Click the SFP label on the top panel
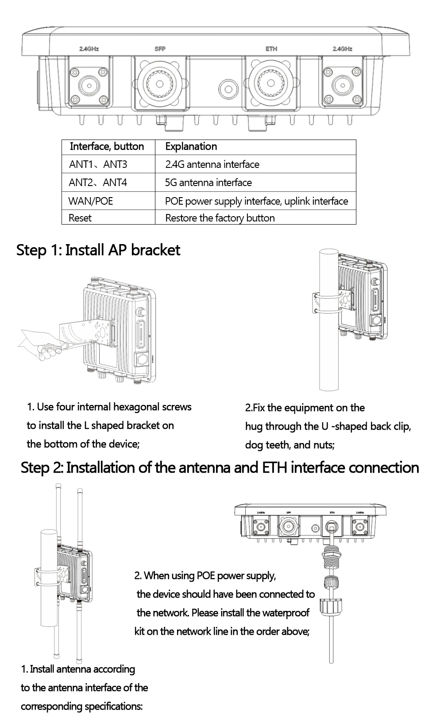160,49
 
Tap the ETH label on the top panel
271,49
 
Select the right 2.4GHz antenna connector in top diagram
341,83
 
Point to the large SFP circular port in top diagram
160,83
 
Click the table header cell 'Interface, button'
107,147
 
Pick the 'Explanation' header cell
191,147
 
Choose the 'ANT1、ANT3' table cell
98,164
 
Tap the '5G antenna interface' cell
208,183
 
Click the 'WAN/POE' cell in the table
91,201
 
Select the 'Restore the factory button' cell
220,218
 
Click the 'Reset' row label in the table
80,218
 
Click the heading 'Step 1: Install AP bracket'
98,250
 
